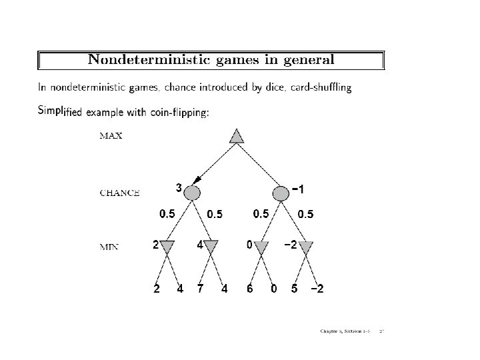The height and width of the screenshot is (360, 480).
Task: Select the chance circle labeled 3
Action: coord(192,193)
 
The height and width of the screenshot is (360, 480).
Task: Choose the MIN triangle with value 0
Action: coord(261,248)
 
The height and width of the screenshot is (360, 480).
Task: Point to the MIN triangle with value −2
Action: coord(305,248)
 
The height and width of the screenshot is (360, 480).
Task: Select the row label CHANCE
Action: coord(119,193)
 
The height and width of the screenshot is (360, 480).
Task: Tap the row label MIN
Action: coord(109,247)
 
